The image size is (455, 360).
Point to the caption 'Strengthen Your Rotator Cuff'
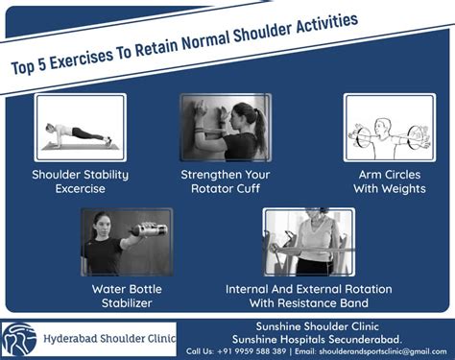[227, 182]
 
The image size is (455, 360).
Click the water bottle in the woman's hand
[151, 230]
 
